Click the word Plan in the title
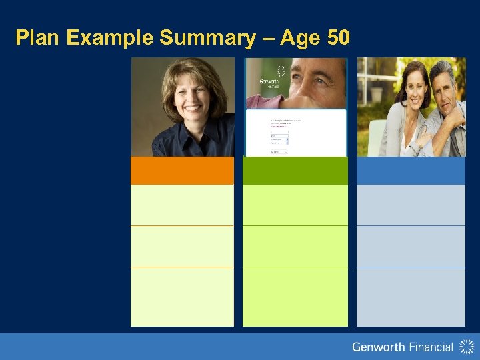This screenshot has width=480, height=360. [x=39, y=38]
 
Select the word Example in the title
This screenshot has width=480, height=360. [x=111, y=38]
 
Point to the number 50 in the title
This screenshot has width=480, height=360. [x=337, y=38]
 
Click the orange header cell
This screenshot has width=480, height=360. [x=182, y=171]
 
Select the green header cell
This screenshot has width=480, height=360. [x=295, y=171]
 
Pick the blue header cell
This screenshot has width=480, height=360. [x=411, y=171]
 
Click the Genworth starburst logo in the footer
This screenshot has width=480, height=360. [x=466, y=347]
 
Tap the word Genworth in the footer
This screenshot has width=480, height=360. [x=378, y=347]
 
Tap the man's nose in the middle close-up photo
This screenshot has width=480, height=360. [x=313, y=87]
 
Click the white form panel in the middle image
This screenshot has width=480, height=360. [x=295, y=133]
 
